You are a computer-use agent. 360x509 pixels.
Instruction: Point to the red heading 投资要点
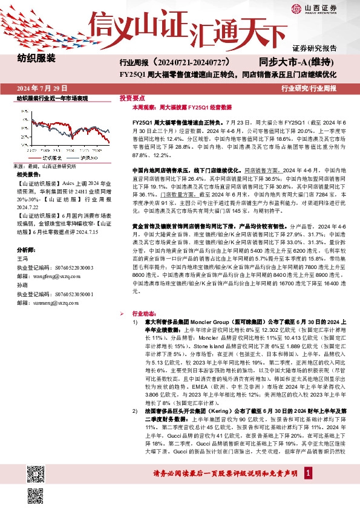coord(132,97)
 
